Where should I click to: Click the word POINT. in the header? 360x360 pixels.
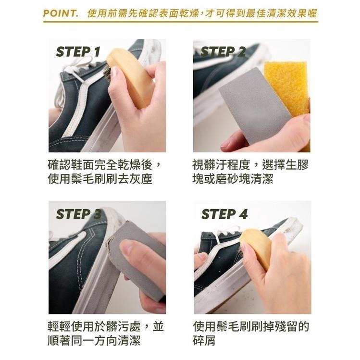tap(61, 13)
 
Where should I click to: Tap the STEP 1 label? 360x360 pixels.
tap(78, 52)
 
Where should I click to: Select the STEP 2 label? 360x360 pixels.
tap(223, 52)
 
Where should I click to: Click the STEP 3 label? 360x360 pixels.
tap(78, 214)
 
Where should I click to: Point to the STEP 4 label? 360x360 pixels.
tap(224, 214)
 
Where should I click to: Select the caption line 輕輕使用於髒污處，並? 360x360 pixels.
tap(106, 327)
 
